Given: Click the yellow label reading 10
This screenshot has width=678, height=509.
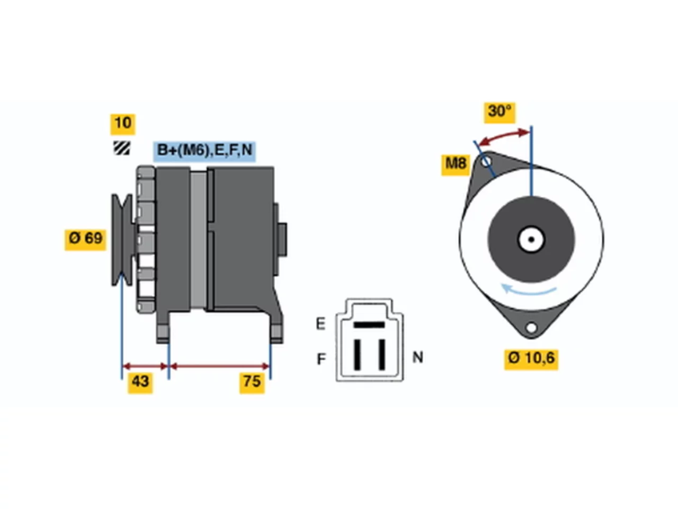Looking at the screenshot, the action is pyautogui.click(x=123, y=124).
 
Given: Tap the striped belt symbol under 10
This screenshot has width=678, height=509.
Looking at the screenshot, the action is pyautogui.click(x=122, y=148).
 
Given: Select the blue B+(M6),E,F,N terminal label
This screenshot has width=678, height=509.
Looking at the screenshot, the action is pyautogui.click(x=204, y=151).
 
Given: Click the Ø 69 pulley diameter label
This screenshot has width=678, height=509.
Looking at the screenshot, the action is pyautogui.click(x=85, y=239).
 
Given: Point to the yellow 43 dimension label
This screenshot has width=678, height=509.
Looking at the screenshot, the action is pyautogui.click(x=140, y=383).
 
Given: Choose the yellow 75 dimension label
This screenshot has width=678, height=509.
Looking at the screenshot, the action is pyautogui.click(x=252, y=383).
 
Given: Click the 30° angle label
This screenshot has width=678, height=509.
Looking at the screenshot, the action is pyautogui.click(x=499, y=112).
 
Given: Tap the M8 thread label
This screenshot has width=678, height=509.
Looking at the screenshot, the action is pyautogui.click(x=456, y=165).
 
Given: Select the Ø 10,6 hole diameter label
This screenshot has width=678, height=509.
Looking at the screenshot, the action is pyautogui.click(x=531, y=359).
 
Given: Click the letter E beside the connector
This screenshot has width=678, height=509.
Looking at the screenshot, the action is pyautogui.click(x=320, y=324).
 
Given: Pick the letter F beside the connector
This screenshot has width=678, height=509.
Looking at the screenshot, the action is pyautogui.click(x=321, y=359).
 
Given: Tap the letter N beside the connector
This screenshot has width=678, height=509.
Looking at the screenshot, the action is pyautogui.click(x=417, y=357).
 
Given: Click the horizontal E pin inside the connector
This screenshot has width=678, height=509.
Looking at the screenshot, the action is pyautogui.click(x=369, y=324).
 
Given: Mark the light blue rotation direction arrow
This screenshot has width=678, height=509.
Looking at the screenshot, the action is pyautogui.click(x=528, y=290).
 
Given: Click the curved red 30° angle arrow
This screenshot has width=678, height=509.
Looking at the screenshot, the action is pyautogui.click(x=505, y=137).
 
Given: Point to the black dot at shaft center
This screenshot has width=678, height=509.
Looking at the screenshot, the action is pyautogui.click(x=531, y=240).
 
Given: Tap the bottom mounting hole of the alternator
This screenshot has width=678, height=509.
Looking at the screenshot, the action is pyautogui.click(x=531, y=328).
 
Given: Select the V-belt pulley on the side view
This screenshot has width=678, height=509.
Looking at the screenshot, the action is pyautogui.click(x=122, y=240).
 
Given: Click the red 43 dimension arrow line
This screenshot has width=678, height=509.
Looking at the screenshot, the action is pyautogui.click(x=145, y=366).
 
